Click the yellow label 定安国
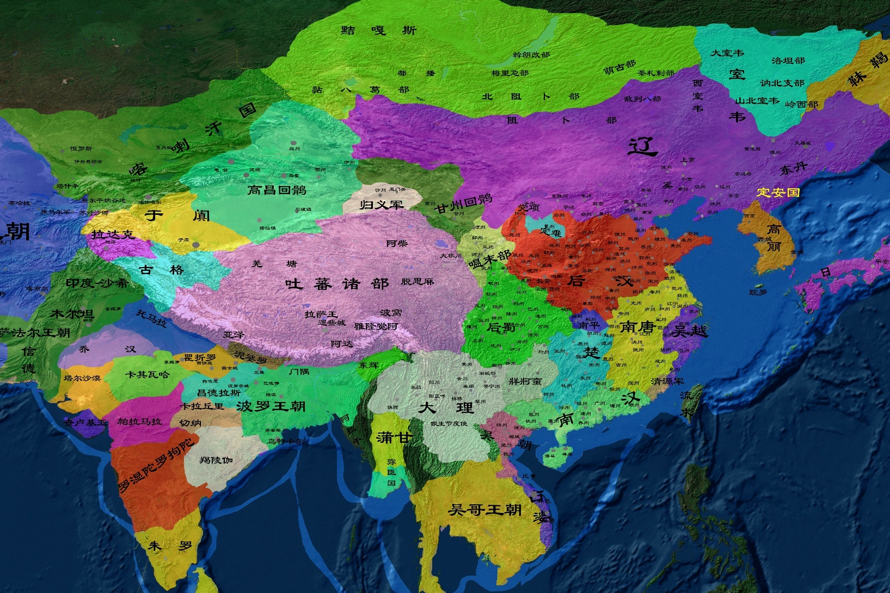tap(778, 192)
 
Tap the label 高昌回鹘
tap(277, 190)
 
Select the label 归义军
tap(382, 205)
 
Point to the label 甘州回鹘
tap(463, 203)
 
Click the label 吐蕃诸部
tap(337, 283)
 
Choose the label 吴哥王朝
tap(484, 510)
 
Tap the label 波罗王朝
tap(271, 406)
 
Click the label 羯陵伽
tap(216, 460)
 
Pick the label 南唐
tap(637, 326)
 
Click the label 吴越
tap(690, 330)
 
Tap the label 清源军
tap(667, 381)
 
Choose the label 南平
tap(588, 325)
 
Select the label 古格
tap(162, 270)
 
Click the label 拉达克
tap(113, 234)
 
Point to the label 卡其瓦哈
tap(147, 374)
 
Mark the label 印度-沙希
tap(97, 283)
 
